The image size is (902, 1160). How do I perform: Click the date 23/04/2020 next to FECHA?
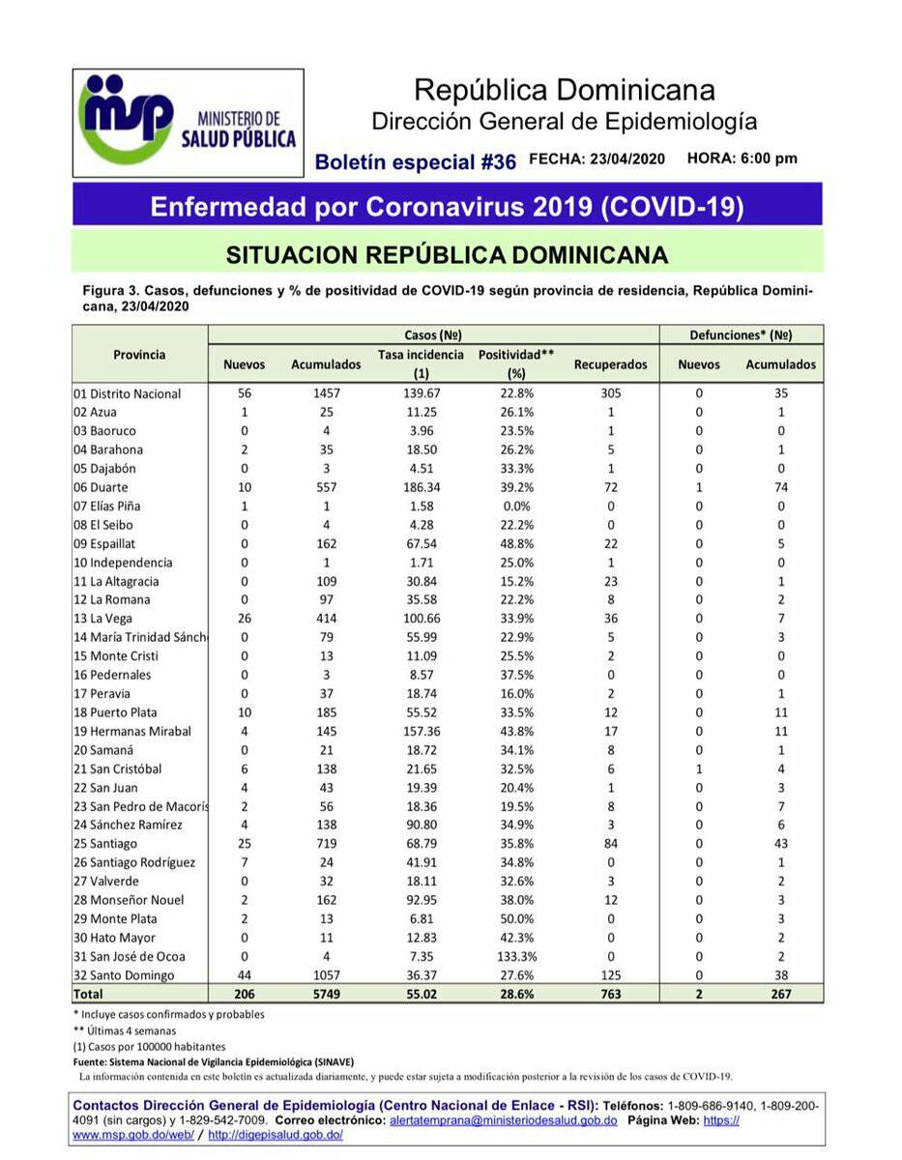[x=626, y=159]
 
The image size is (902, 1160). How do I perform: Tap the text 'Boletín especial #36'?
[x=416, y=161]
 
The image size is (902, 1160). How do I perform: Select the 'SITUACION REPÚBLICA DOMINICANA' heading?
[x=447, y=254]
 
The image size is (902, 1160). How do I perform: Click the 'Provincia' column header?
[x=139, y=355]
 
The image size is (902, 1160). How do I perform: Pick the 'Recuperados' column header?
[x=610, y=365]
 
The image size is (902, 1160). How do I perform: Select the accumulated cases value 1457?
[x=326, y=394]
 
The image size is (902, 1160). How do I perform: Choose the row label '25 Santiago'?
[x=106, y=845]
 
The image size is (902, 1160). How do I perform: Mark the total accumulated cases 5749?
[x=326, y=995]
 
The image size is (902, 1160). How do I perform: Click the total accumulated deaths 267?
[x=780, y=995]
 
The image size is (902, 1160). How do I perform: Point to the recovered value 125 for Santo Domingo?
[x=610, y=975]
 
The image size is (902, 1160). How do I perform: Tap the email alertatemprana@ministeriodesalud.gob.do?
[x=503, y=1120]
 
